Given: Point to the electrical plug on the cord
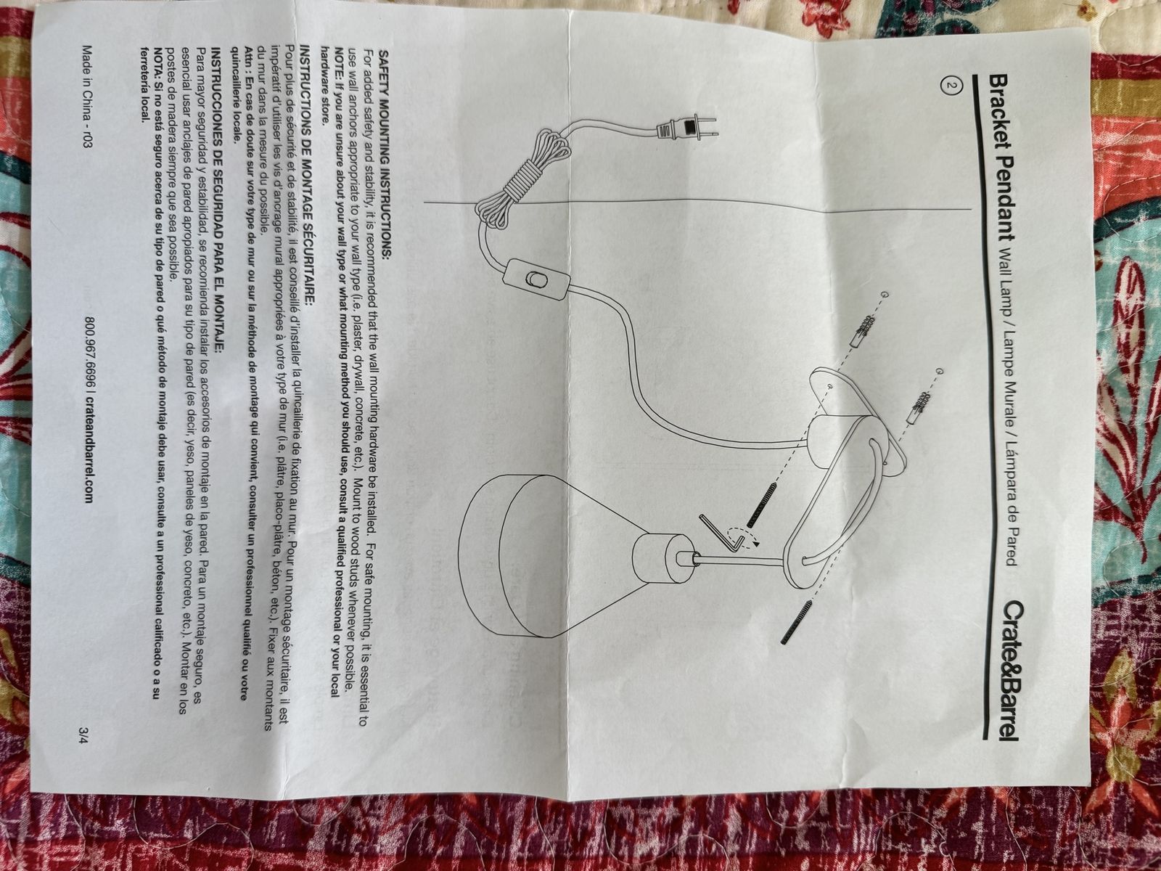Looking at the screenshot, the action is coord(686,129).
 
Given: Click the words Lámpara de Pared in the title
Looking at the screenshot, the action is coord(1008,500).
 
